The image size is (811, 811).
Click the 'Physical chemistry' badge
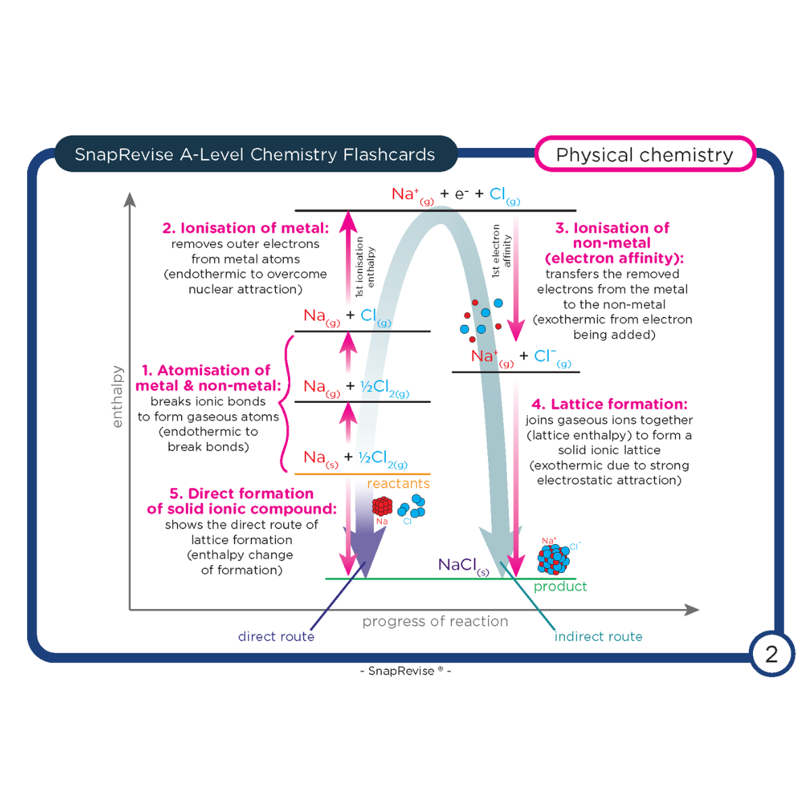(x=644, y=155)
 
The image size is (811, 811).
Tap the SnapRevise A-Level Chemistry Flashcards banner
(x=255, y=155)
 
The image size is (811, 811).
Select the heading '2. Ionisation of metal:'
(x=245, y=228)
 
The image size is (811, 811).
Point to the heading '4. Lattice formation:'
(x=609, y=404)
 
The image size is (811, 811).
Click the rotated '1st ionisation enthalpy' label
(x=364, y=267)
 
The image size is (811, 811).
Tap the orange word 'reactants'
(x=398, y=484)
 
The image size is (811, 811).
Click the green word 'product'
(x=560, y=587)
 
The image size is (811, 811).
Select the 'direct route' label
(x=276, y=637)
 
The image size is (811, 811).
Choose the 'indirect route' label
(x=598, y=637)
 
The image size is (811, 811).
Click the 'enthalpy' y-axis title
(x=118, y=397)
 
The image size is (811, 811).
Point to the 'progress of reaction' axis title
(x=435, y=622)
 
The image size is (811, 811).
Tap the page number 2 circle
(x=771, y=654)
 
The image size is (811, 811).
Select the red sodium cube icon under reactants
(x=383, y=506)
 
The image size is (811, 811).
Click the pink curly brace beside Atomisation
(x=287, y=403)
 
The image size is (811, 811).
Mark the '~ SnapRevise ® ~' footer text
(x=405, y=671)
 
